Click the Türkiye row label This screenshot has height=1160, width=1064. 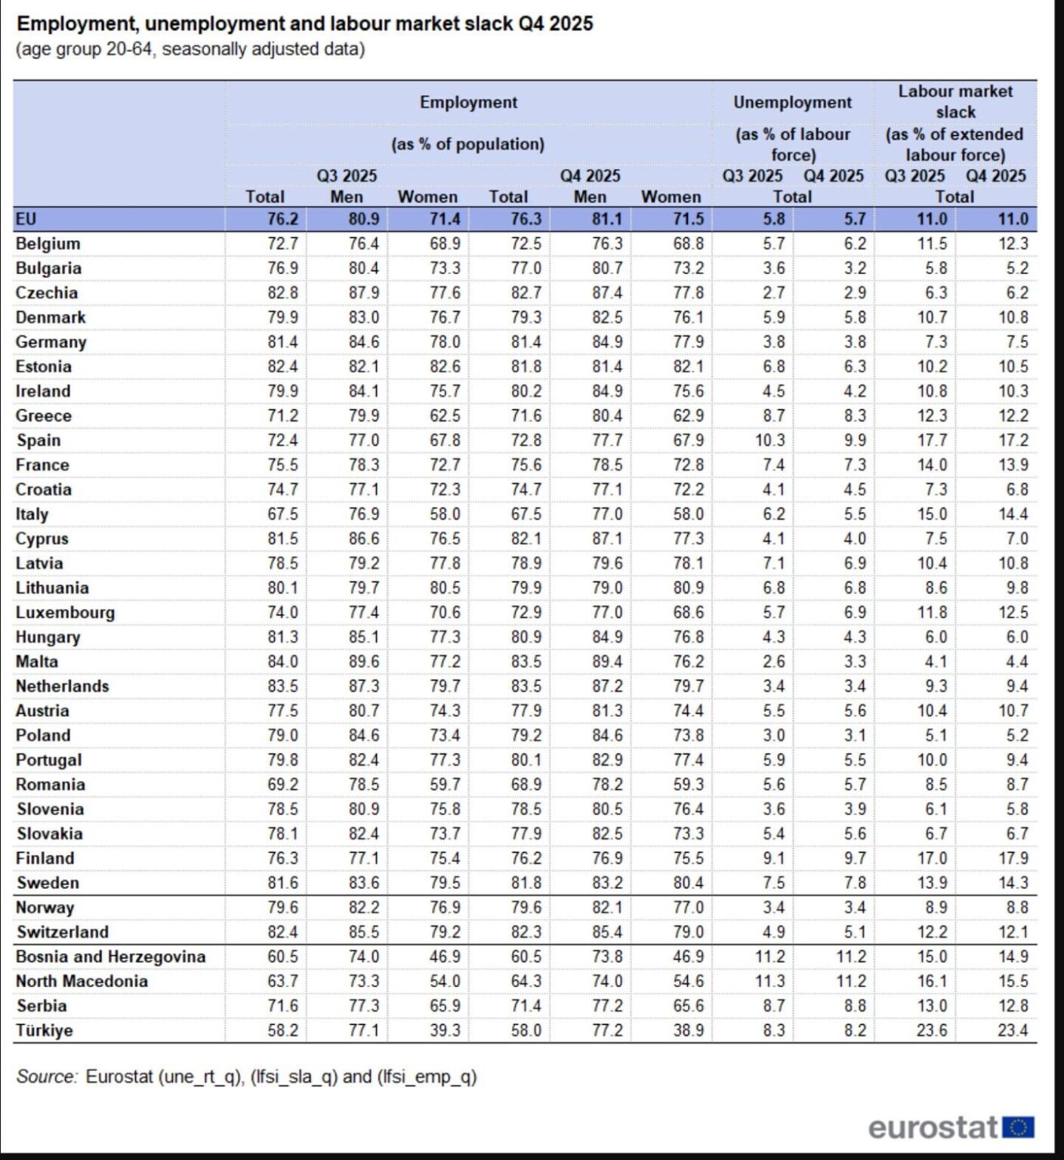click(45, 1031)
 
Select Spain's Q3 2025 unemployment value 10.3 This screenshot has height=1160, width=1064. click(770, 440)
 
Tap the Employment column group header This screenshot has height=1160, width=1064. click(468, 103)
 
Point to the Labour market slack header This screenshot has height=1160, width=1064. click(955, 101)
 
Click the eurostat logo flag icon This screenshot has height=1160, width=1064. click(1019, 1128)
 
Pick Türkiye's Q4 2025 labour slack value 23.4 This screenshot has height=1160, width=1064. click(1013, 1031)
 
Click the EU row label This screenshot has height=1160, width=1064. click(26, 219)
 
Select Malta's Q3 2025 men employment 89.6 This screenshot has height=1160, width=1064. click(363, 662)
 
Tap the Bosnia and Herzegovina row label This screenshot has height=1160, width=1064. click(110, 957)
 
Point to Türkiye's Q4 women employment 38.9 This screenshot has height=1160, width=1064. click(688, 1031)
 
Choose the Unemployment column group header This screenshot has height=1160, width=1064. click(792, 103)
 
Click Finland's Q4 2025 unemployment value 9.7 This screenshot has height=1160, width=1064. click(855, 859)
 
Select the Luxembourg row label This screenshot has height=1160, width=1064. click(65, 612)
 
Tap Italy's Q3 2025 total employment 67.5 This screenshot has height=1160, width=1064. click(282, 514)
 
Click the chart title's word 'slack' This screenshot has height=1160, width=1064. click(486, 23)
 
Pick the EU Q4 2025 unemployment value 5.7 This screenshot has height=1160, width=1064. click(855, 219)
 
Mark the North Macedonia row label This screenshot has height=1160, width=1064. click(82, 982)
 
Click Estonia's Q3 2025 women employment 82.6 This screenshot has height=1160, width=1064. click(445, 367)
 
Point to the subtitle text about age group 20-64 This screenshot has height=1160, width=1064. click(190, 50)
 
